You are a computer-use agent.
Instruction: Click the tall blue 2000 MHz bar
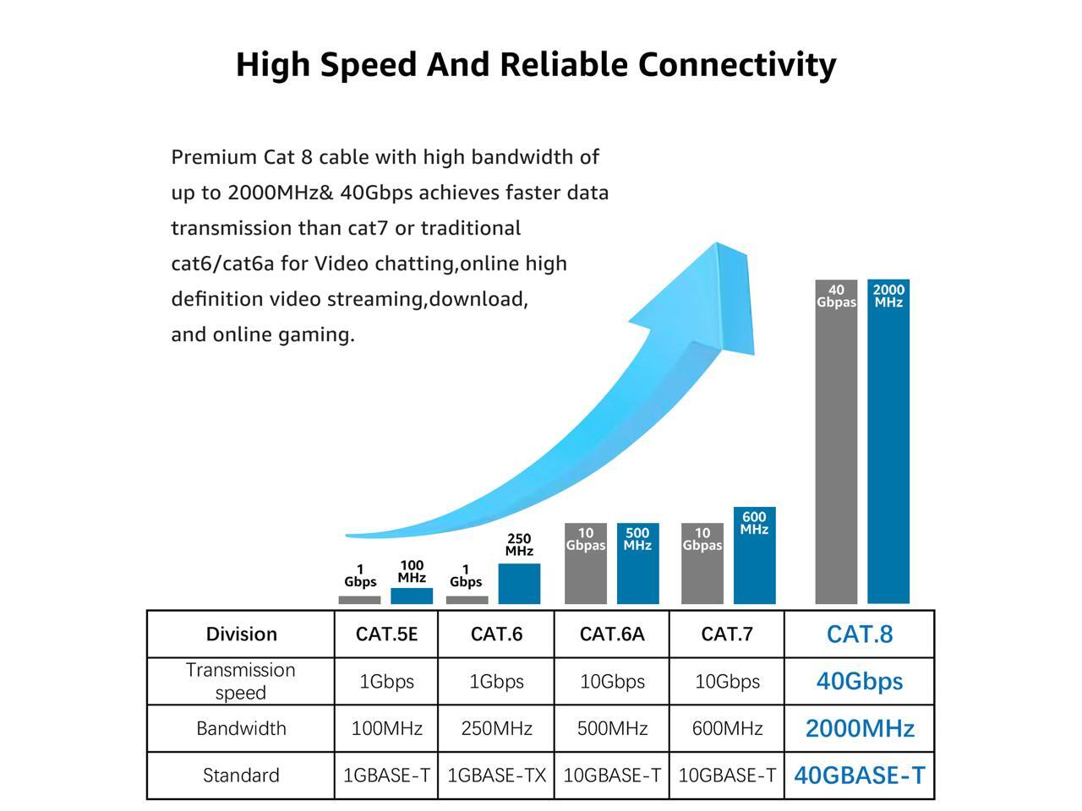tap(888, 456)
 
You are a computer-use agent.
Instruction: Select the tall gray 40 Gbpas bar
tap(836, 456)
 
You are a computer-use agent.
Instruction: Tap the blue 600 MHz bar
tap(754, 566)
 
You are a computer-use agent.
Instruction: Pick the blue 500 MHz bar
tap(637, 574)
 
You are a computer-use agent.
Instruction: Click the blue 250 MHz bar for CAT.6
tap(519, 584)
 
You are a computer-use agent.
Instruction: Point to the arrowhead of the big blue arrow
tap(710, 296)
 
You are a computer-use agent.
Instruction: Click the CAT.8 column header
tap(859, 634)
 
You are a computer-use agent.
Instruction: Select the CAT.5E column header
tap(386, 634)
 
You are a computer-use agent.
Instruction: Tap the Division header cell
tap(241, 634)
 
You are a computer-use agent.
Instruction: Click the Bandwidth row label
tap(241, 728)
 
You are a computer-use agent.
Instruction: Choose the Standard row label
tap(241, 776)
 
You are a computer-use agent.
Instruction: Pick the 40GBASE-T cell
tap(859, 776)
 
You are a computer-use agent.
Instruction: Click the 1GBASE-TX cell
tap(496, 776)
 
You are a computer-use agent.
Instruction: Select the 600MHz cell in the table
tap(727, 728)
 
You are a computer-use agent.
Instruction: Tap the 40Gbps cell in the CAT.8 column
tap(859, 681)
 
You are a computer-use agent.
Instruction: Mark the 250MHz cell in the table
tap(496, 728)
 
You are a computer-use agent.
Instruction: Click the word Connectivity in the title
tap(736, 65)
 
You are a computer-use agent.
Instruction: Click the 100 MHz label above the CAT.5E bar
tap(412, 572)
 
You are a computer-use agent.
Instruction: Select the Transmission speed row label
tap(241, 681)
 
